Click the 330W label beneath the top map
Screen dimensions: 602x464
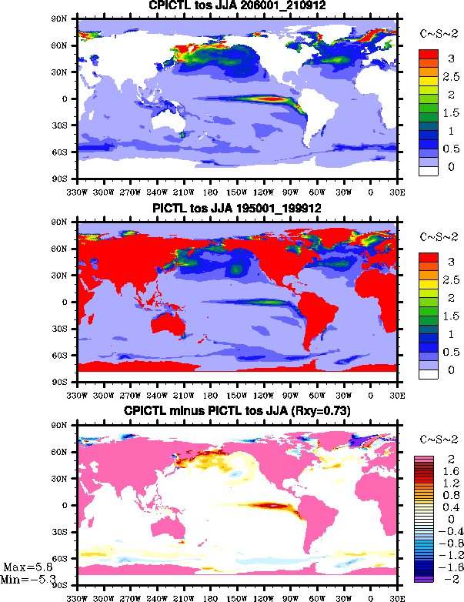[x=77, y=192]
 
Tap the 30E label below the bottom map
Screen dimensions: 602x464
[x=397, y=596]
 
